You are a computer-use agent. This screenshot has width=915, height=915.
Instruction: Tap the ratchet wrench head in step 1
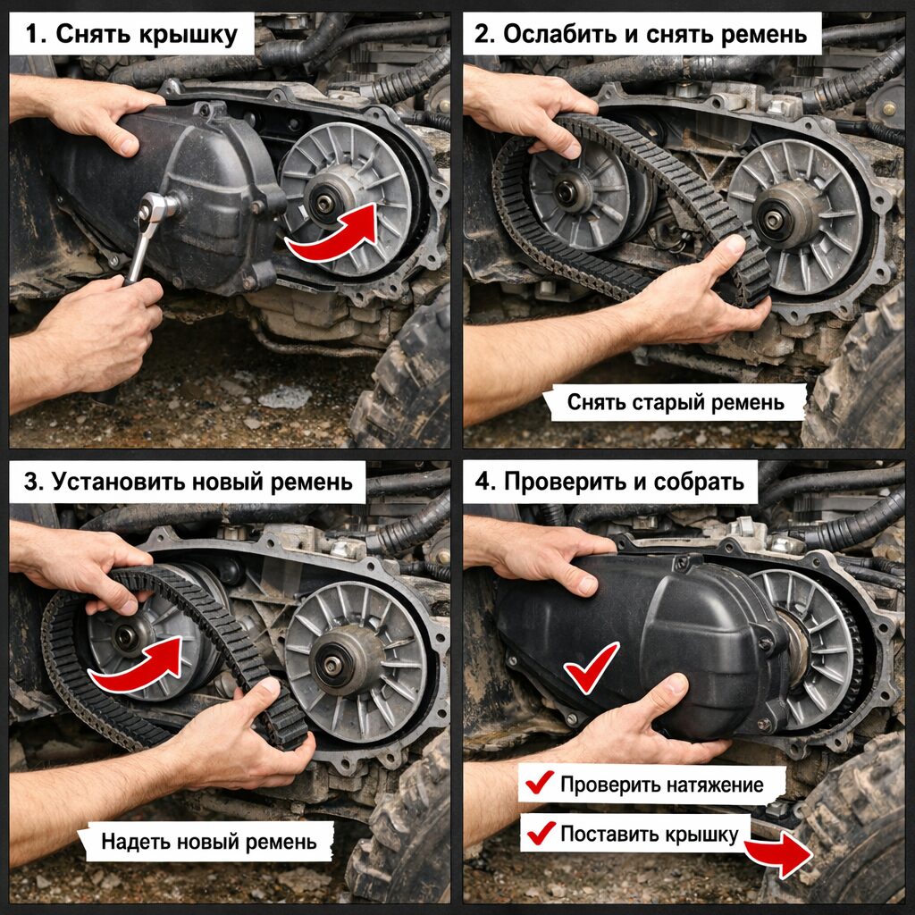[x=154, y=207]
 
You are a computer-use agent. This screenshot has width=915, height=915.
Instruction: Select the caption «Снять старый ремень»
[x=676, y=403]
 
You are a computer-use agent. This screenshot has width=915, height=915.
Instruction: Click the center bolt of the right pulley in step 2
[x=773, y=220]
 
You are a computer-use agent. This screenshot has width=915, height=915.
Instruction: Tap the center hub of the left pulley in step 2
[x=565, y=191]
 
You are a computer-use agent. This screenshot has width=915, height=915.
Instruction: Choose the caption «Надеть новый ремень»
[x=209, y=842]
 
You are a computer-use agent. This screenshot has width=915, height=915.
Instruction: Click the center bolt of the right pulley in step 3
[x=332, y=666]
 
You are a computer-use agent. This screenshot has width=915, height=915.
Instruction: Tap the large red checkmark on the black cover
[x=590, y=668]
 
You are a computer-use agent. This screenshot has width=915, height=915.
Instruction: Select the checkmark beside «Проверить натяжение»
[x=539, y=782]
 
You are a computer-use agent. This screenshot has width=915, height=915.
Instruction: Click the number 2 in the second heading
[x=481, y=35]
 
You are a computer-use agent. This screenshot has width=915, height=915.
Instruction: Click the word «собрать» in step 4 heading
[x=699, y=482]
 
